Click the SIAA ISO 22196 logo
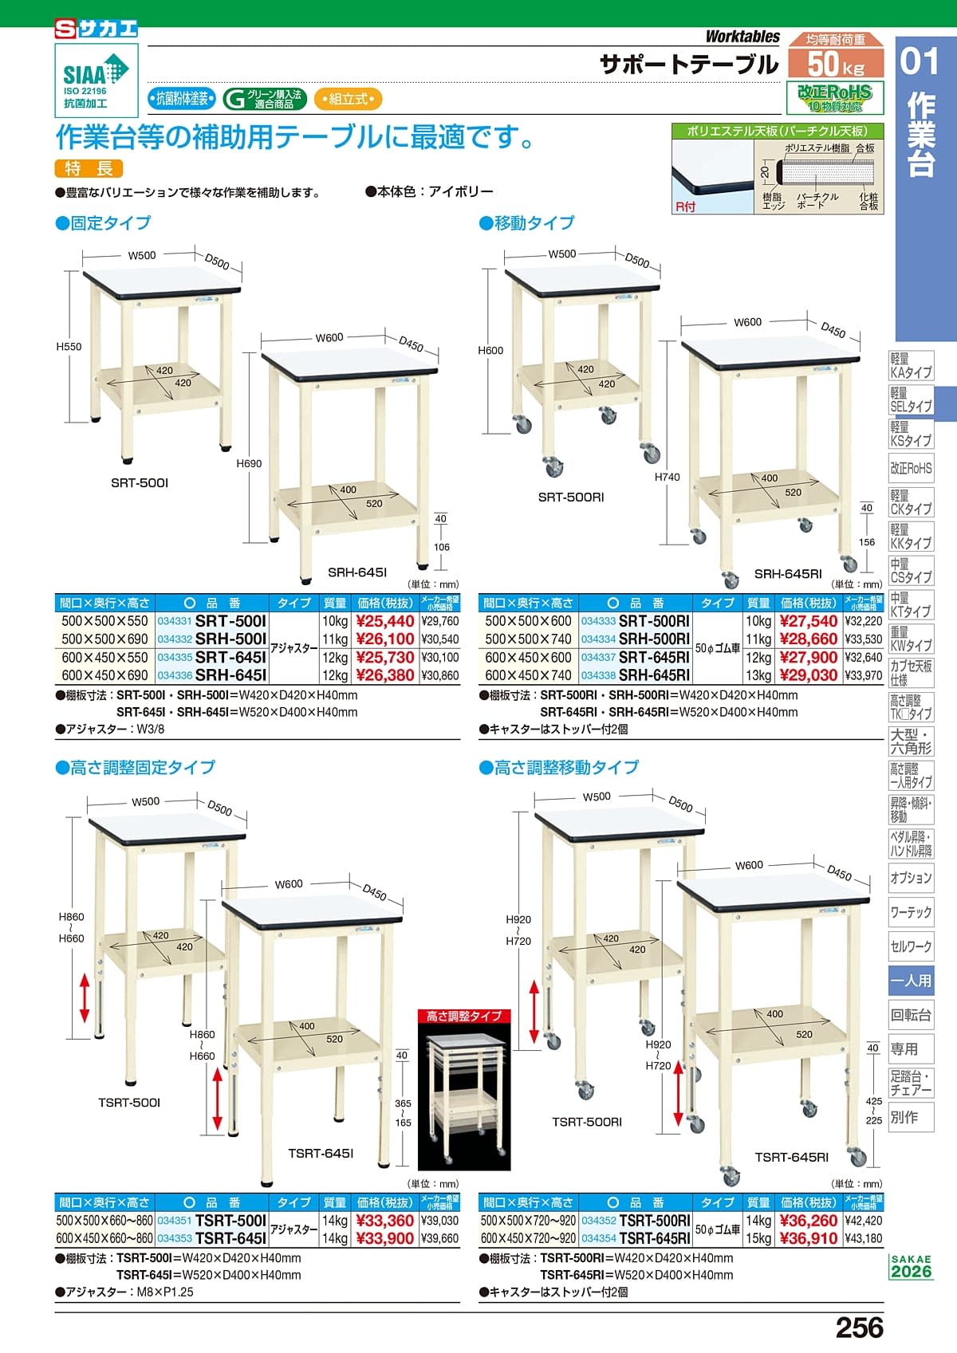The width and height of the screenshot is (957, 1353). click(96, 81)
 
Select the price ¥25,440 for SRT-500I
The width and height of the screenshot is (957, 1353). click(385, 621)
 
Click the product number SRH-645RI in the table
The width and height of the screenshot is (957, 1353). click(654, 675)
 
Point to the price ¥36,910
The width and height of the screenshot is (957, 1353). click(809, 1238)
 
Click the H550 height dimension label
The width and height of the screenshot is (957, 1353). click(69, 347)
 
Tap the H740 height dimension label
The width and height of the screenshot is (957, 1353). click(667, 477)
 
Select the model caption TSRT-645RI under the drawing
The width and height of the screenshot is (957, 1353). click(791, 1158)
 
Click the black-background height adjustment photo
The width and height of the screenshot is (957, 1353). click(464, 1090)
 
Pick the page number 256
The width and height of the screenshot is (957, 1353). click(859, 1327)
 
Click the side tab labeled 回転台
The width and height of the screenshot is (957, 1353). click(911, 1016)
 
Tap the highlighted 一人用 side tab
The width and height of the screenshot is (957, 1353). click(911, 981)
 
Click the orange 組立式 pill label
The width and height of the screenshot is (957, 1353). click(348, 99)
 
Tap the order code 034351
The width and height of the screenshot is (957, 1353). click(175, 1220)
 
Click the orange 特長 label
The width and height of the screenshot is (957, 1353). click(89, 168)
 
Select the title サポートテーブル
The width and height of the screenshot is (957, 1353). click(689, 65)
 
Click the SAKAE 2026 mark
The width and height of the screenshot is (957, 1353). click(911, 1267)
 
